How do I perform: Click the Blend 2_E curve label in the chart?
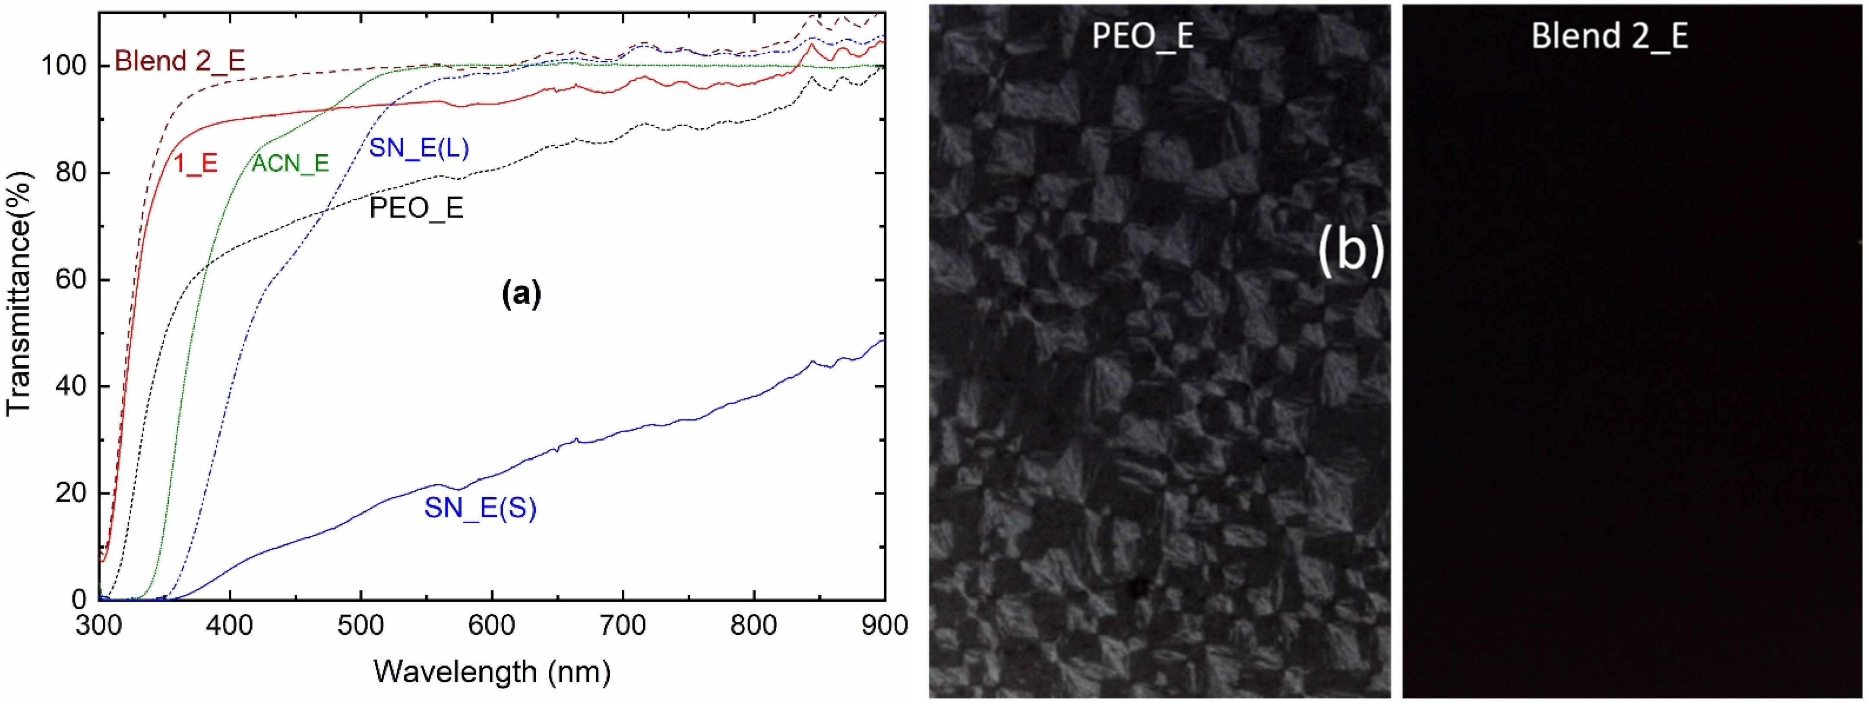pos(180,61)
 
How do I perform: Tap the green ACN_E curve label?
pos(290,163)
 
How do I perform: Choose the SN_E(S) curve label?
pos(480,508)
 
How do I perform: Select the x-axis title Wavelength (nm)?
pos(491,672)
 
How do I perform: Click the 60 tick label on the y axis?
pos(73,280)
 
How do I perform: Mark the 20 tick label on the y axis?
pos(73,494)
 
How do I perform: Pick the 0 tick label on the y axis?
pos(80,599)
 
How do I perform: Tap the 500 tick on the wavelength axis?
pos(361,626)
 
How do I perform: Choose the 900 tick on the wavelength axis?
pos(884,626)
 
